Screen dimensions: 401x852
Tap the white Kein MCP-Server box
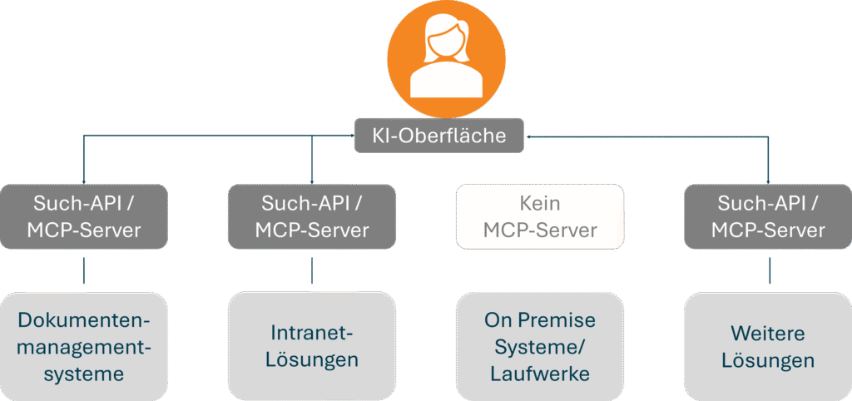click(539, 216)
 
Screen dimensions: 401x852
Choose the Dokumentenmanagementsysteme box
click(82, 346)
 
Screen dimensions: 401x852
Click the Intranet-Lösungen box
click(312, 346)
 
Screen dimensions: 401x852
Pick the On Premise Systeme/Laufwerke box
click(539, 346)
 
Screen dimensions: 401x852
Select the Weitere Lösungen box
click(768, 346)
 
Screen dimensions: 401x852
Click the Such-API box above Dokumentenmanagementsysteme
click(82, 216)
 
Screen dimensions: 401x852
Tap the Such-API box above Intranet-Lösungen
click(312, 216)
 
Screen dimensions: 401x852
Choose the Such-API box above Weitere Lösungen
click(768, 216)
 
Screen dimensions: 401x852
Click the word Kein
click(539, 203)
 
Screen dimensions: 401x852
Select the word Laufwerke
click(539, 374)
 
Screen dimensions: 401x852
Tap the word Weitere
click(768, 334)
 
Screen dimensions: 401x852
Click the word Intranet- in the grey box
click(312, 334)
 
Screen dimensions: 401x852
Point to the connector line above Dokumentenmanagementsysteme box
click(83, 271)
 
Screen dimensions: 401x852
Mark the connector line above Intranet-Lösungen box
click(313, 271)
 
